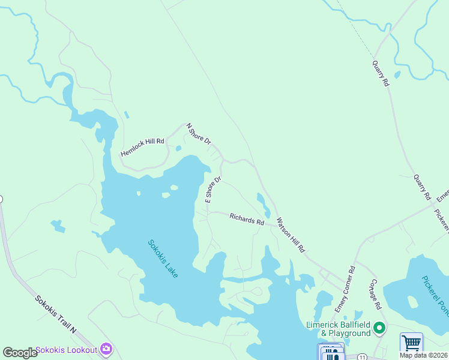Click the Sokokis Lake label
pyautogui.click(x=163, y=259)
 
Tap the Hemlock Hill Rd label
pyautogui.click(x=142, y=146)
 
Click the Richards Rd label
pyautogui.click(x=247, y=219)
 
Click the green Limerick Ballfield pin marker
pyautogui.click(x=379, y=328)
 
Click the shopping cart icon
pyautogui.click(x=411, y=344)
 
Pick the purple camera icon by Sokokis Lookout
pyautogui.click(x=106, y=349)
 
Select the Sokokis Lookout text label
pyautogui.click(x=66, y=350)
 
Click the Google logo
pyautogui.click(x=20, y=352)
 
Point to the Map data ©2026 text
pyautogui.click(x=423, y=355)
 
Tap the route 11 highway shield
pyautogui.click(x=362, y=356)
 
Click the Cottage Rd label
pyautogui.click(x=376, y=294)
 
